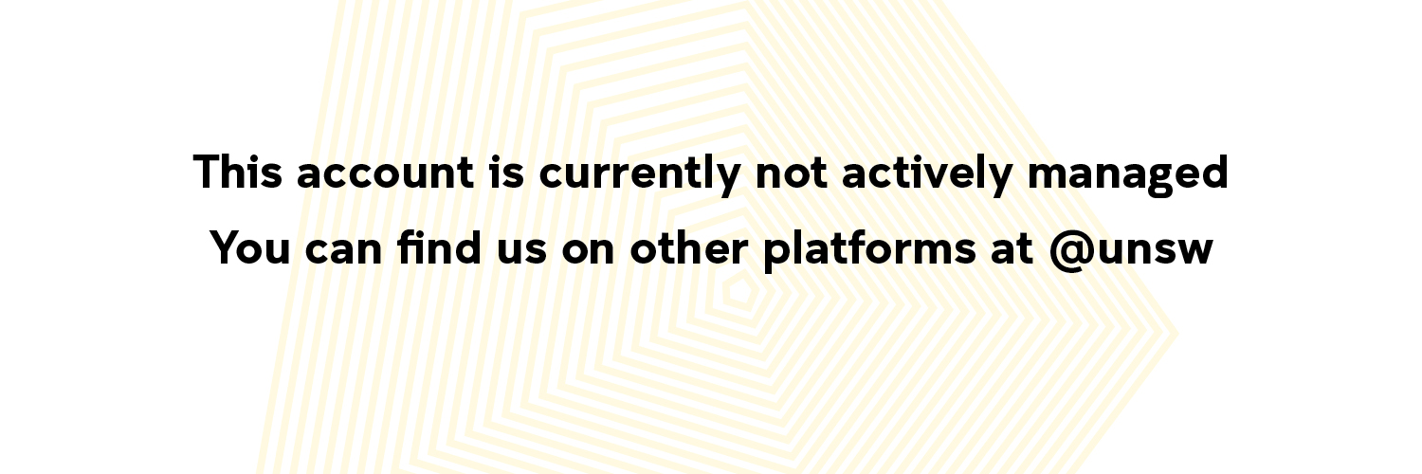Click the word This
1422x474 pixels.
tap(237, 172)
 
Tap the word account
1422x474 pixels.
tap(385, 173)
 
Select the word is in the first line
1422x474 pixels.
tap(506, 172)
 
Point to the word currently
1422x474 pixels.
tap(640, 174)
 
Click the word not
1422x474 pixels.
tap(792, 173)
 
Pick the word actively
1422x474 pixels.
tap(927, 174)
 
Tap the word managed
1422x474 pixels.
tap(1128, 175)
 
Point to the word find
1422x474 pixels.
tap(439, 246)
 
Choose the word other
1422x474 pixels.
tap(689, 246)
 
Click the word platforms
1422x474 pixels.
tap(869, 250)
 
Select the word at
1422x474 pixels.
tap(1012, 247)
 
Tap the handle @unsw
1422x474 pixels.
tap(1131, 250)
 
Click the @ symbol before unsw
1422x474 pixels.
tap(1071, 251)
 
